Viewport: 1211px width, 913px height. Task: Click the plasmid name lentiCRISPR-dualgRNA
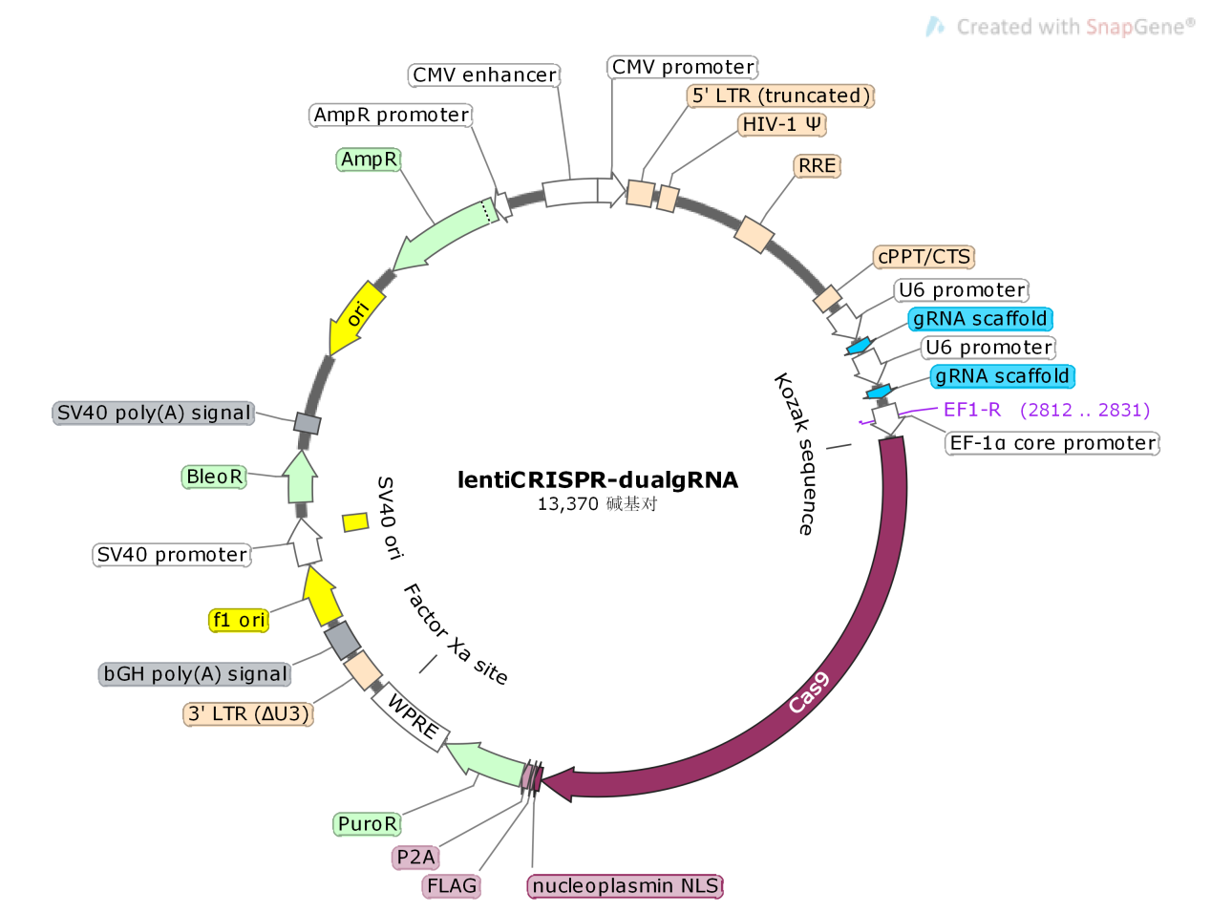[597, 479]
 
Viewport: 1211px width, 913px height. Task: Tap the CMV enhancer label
[484, 75]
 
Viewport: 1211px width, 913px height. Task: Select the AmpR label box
[369, 159]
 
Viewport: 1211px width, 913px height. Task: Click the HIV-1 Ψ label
[782, 124]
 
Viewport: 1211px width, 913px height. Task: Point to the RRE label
[817, 166]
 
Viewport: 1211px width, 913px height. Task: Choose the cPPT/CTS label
[924, 257]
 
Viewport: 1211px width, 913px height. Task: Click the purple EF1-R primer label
[971, 410]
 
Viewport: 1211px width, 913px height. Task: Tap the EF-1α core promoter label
[1052, 443]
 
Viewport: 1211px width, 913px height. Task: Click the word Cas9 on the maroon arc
[808, 692]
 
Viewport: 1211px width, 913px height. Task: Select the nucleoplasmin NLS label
[625, 886]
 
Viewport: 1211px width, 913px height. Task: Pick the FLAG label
[451, 886]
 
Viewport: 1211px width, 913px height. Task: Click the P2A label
[415, 858]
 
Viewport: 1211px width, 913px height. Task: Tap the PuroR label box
[367, 824]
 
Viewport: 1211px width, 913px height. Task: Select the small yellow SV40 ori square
[355, 521]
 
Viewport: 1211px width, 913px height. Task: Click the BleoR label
[214, 477]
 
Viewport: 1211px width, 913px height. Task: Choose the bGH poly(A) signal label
[195, 674]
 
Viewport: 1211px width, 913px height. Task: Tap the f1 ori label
[239, 621]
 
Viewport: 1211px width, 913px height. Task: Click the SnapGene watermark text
[1074, 27]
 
